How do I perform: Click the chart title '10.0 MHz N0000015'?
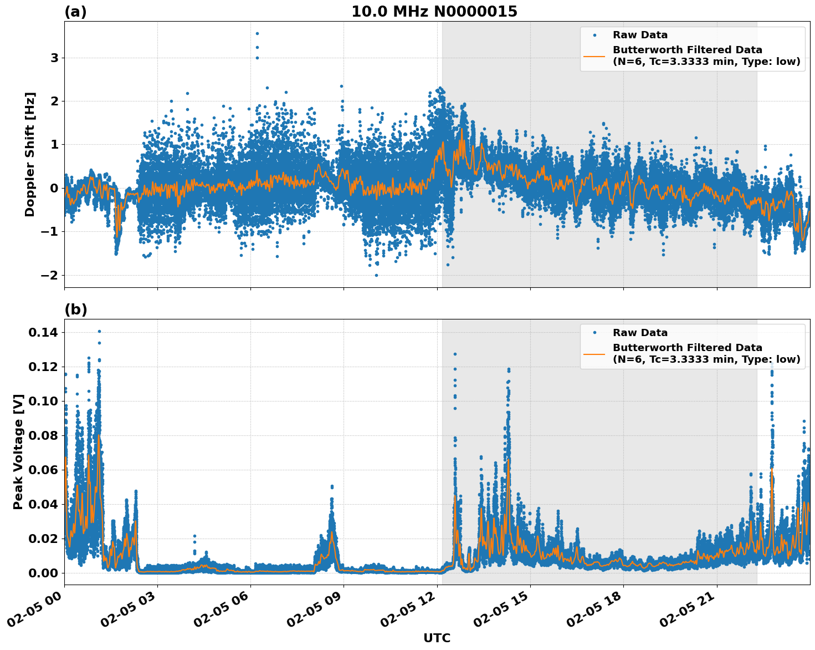434,12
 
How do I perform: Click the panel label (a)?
75,12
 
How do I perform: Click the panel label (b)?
75,309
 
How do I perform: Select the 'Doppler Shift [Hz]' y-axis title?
30,154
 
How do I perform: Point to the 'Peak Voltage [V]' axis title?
18,451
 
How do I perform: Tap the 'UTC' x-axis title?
437,638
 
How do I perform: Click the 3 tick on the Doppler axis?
54,58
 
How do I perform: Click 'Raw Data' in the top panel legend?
640,35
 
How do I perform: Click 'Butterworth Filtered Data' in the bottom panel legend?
687,348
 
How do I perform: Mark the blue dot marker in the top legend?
594,35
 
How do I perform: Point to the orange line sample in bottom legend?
594,353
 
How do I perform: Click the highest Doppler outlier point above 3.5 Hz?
257,33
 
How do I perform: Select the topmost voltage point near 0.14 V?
99,331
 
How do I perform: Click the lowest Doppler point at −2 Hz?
376,275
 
